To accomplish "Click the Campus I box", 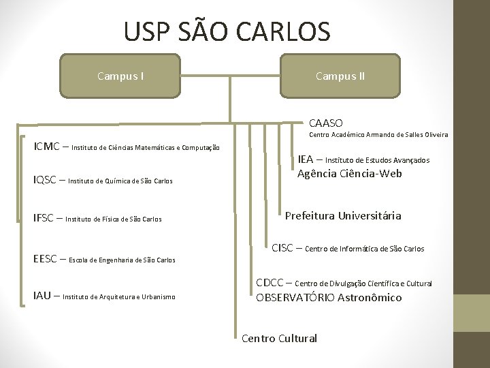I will tap(120, 76).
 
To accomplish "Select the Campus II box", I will tap(340, 76).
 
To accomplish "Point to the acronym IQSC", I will tap(46, 180).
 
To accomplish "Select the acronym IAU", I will tap(42, 296).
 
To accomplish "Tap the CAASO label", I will tap(325, 123).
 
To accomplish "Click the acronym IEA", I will tap(306, 159).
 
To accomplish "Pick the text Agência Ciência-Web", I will tap(349, 173).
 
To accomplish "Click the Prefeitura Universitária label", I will tap(343, 216).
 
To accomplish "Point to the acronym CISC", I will tap(283, 248).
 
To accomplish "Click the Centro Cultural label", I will tap(279, 338).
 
